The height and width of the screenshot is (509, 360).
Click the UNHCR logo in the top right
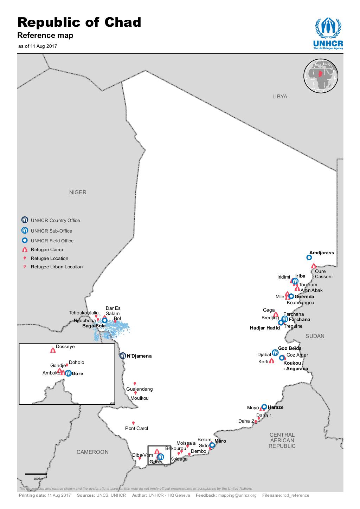(x=328, y=34)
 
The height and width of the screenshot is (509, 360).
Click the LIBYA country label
(x=279, y=97)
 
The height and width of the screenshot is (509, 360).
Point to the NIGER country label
(x=78, y=192)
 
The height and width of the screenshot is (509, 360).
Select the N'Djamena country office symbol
(x=122, y=356)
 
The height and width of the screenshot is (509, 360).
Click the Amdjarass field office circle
(x=309, y=257)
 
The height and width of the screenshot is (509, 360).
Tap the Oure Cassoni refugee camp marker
(x=314, y=266)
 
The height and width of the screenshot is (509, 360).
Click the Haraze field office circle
(x=264, y=407)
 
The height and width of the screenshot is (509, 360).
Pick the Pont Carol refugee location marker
(x=133, y=423)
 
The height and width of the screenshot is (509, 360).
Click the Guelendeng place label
(x=140, y=389)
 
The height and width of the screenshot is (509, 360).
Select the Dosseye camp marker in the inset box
(x=53, y=350)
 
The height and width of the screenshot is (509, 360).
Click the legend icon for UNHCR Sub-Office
(x=24, y=231)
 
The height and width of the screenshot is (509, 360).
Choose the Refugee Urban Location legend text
(x=57, y=267)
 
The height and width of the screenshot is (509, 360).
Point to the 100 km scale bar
(x=36, y=474)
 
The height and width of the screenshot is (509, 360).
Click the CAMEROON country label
(x=92, y=452)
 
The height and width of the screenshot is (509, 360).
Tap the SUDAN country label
(x=315, y=336)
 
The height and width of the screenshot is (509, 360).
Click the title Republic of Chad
(x=79, y=22)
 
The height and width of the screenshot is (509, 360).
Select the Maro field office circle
(x=212, y=445)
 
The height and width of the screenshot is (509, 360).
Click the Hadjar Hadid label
(x=265, y=328)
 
